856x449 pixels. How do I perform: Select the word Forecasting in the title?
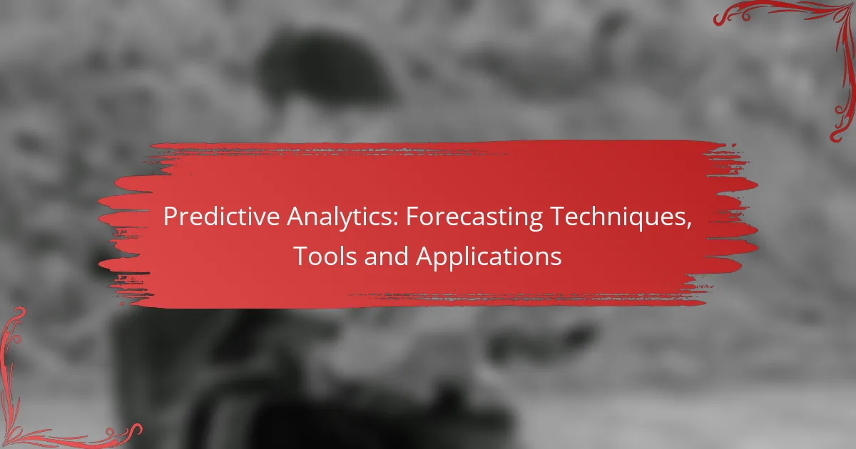[x=474, y=217]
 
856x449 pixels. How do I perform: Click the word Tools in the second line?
[x=325, y=256]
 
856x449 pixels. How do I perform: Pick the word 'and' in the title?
[x=387, y=256]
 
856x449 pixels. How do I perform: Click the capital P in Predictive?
[x=170, y=217]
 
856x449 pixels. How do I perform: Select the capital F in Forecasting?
[x=412, y=217]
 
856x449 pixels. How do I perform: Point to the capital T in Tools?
[x=302, y=256]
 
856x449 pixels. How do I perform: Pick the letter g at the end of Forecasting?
[x=536, y=221]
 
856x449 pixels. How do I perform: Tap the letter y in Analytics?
[x=354, y=222]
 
